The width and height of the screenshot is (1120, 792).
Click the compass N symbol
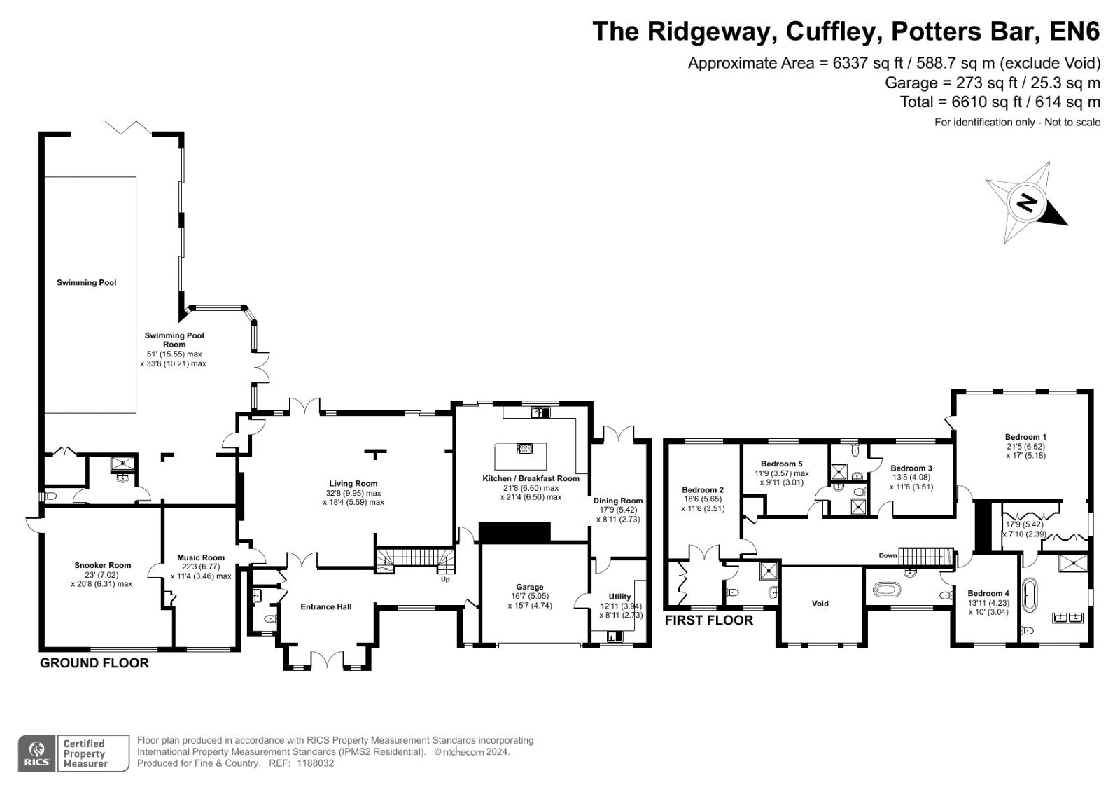pyautogui.click(x=1026, y=202)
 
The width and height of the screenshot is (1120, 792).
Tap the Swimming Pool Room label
pyautogui.click(x=174, y=340)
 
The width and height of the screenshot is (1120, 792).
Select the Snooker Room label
pyautogui.click(x=102, y=565)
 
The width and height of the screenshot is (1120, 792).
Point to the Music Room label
pyautogui.click(x=201, y=557)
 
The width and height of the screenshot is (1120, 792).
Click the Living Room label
pyautogui.click(x=353, y=483)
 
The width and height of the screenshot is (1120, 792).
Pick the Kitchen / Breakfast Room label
pyautogui.click(x=531, y=478)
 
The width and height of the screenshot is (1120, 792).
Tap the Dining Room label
pyautogui.click(x=618, y=500)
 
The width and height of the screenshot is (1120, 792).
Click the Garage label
pyautogui.click(x=529, y=587)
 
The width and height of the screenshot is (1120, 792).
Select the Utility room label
pyautogui.click(x=619, y=597)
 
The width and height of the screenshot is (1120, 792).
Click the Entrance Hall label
pyautogui.click(x=326, y=606)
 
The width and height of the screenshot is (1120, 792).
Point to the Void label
pyautogui.click(x=820, y=604)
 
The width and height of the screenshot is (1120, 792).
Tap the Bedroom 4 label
pyautogui.click(x=985, y=593)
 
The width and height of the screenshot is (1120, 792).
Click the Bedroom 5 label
pyautogui.click(x=781, y=464)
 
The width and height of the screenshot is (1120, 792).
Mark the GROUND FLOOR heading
pyautogui.click(x=94, y=663)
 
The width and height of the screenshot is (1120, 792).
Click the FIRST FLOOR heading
pyautogui.click(x=708, y=620)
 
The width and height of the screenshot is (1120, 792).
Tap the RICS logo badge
pyautogui.click(x=37, y=753)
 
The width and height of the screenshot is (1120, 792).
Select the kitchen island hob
pyautogui.click(x=524, y=448)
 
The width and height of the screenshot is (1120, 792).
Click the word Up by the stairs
pyautogui.click(x=445, y=579)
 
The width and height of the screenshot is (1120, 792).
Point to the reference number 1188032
pyautogui.click(x=315, y=763)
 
